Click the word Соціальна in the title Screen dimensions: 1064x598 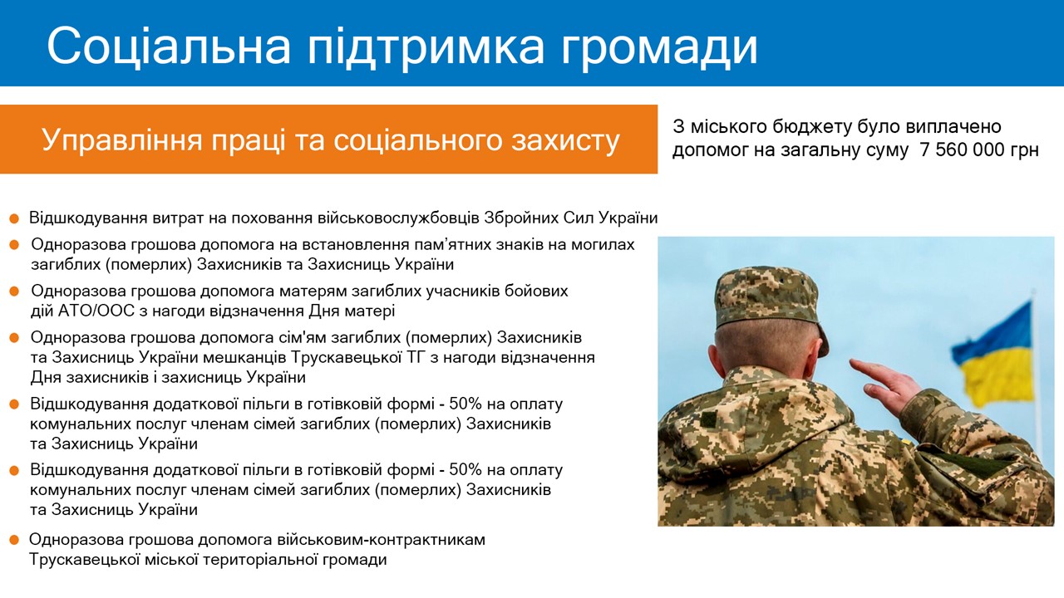[x=169, y=45]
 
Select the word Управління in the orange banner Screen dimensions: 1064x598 [x=122, y=140]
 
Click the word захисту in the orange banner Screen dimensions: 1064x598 [x=565, y=141]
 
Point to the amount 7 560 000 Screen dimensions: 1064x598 [x=962, y=150]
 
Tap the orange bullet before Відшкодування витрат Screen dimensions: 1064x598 [x=14, y=218]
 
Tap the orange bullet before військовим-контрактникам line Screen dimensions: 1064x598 [x=14, y=540]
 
